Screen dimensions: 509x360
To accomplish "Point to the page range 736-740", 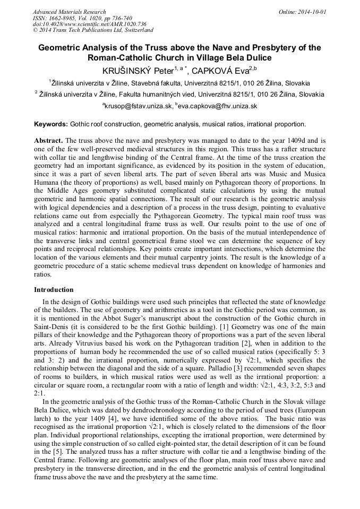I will point(118,18).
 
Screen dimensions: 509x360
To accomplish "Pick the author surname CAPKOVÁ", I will point(216,70).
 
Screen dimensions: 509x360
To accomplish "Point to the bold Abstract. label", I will point(48,141).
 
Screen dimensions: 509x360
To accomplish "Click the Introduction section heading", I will point(54,290).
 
